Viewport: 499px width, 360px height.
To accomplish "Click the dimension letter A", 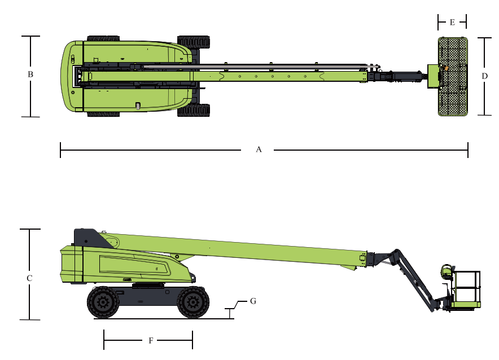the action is [259, 150].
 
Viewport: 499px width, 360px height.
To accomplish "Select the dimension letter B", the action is [30, 74].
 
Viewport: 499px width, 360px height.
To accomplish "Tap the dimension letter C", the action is [29, 278].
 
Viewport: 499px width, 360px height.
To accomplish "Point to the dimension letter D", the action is [485, 76].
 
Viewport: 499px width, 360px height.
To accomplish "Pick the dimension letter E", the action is [452, 23].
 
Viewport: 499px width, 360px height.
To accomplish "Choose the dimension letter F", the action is [151, 341].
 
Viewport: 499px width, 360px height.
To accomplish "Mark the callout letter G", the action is [253, 301].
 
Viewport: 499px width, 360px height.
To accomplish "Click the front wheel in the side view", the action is [193, 302].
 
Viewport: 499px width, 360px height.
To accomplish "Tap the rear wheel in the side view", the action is [103, 302].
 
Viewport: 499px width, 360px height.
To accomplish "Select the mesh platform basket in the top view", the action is [453, 77].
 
